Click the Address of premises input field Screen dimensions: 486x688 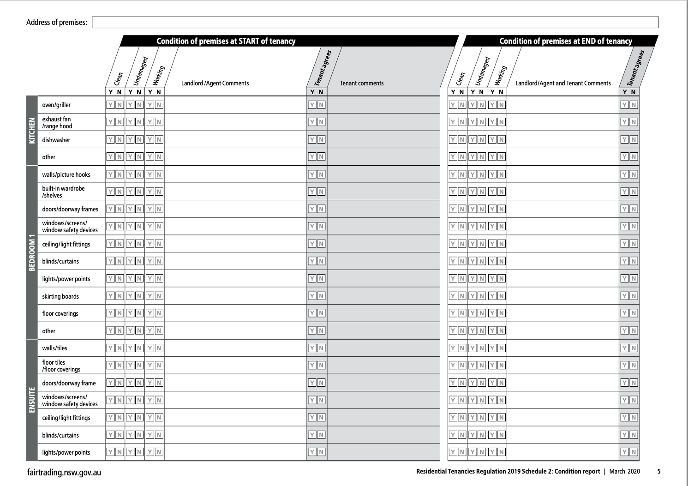[x=375, y=22]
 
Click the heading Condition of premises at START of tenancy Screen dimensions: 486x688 [x=226, y=41]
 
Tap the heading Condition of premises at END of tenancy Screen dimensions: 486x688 [x=565, y=41]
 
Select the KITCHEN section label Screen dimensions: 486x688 [x=32, y=130]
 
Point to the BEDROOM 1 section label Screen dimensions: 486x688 [x=32, y=252]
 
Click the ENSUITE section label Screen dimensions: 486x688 [x=32, y=400]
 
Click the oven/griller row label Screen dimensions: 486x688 [x=56, y=105]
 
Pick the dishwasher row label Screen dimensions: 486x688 [x=56, y=140]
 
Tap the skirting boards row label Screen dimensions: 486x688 [x=60, y=296]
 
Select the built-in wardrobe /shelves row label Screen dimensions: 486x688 [x=63, y=192]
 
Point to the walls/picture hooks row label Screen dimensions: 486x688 [x=66, y=174]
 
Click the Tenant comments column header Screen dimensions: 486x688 [x=361, y=84]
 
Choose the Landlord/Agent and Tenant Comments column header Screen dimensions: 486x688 [x=563, y=84]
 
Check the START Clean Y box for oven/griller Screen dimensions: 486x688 [x=110, y=105]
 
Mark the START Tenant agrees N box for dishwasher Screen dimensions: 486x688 [x=321, y=139]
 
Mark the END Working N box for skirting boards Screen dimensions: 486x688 [x=501, y=296]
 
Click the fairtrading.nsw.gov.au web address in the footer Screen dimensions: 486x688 [x=64, y=472]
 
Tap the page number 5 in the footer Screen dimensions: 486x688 [x=659, y=471]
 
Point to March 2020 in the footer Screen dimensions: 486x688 [x=624, y=471]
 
